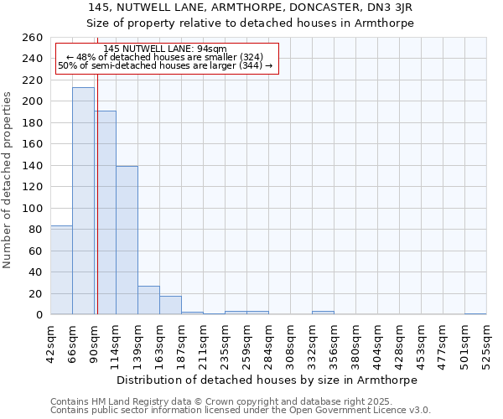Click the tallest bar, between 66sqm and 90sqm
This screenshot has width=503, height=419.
click(x=83, y=201)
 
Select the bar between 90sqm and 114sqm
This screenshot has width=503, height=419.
click(x=106, y=213)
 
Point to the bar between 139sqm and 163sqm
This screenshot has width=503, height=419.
click(x=148, y=300)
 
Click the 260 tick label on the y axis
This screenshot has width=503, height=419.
click(x=32, y=38)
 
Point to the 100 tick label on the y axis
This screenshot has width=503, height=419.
click(x=32, y=209)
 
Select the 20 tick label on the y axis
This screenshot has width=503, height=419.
click(x=35, y=294)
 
